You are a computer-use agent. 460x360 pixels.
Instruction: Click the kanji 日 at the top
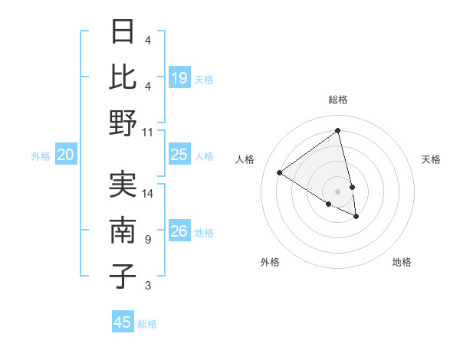click(123, 31)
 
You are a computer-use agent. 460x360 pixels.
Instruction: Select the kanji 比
click(123, 77)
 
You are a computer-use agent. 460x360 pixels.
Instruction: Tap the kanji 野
click(123, 123)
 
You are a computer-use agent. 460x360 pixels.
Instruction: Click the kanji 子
click(123, 276)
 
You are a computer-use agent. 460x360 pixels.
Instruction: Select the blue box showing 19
click(179, 77)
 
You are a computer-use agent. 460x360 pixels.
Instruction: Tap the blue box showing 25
click(179, 155)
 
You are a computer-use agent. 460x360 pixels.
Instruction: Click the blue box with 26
click(179, 231)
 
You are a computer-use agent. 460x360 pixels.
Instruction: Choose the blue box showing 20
click(65, 155)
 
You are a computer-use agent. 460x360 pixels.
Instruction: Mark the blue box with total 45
click(123, 322)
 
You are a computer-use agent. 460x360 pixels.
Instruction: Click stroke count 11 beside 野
click(148, 131)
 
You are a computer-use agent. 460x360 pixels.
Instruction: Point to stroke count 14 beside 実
click(148, 193)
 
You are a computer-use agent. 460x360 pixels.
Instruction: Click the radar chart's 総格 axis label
click(337, 100)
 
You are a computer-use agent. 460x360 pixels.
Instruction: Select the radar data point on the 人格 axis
click(279, 173)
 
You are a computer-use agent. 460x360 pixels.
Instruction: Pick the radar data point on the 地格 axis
click(356, 217)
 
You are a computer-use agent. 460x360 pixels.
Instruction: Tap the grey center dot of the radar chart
click(337, 191)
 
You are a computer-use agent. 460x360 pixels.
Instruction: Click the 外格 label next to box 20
click(41, 155)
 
